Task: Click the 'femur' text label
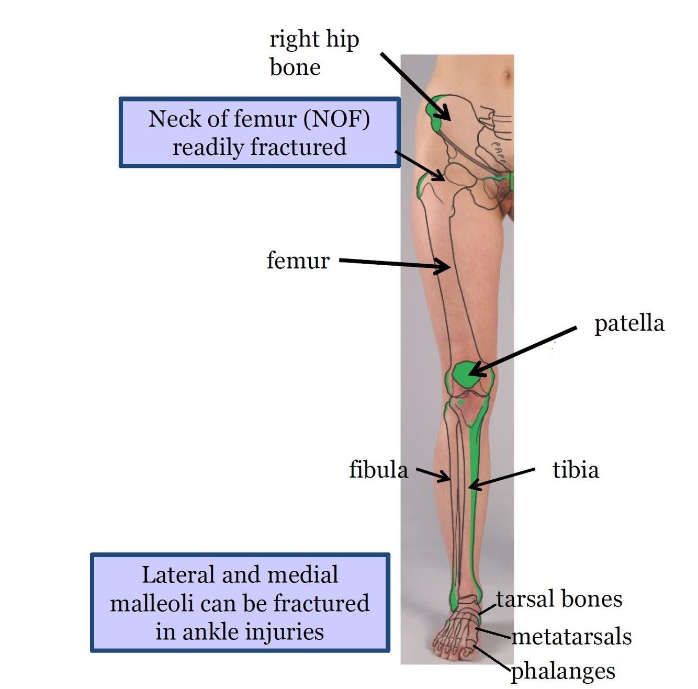click(x=298, y=260)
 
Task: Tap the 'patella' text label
click(x=629, y=324)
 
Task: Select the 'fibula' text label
click(x=378, y=469)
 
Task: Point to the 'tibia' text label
click(x=576, y=470)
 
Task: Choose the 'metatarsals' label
click(x=572, y=637)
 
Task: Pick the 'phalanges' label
click(x=563, y=671)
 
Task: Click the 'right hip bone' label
click(x=313, y=53)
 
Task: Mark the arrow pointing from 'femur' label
click(x=395, y=264)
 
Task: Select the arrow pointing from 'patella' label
click(x=523, y=351)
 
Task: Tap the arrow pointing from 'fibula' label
click(x=433, y=475)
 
